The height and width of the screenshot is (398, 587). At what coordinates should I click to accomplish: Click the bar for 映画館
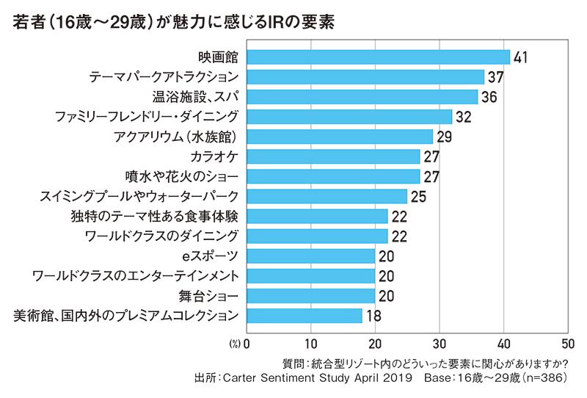[378, 57]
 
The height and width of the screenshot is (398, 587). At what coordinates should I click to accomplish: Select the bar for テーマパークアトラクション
[365, 76]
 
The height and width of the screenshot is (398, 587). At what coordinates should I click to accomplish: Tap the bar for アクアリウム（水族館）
[340, 137]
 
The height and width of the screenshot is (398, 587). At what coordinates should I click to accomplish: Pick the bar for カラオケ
[333, 156]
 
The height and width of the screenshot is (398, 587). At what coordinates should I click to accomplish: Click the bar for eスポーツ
[310, 256]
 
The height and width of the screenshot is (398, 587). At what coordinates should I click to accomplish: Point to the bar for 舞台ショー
[310, 295]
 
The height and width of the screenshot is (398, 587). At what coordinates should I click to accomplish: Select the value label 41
[522, 57]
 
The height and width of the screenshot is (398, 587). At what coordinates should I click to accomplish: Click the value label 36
[489, 97]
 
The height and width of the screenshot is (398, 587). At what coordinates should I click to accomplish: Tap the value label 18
[374, 316]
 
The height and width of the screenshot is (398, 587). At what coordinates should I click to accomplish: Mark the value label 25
[419, 196]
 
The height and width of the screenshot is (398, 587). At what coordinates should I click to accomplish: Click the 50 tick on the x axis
[567, 343]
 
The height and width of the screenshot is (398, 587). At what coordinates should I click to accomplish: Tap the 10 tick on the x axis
[310, 343]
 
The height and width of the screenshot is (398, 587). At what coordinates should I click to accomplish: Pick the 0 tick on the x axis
[247, 343]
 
